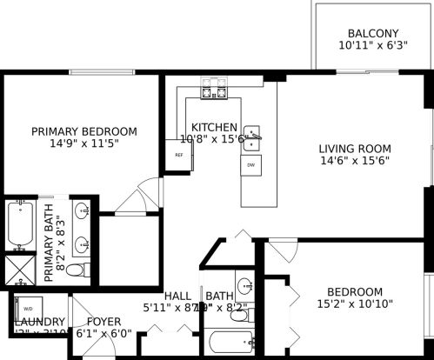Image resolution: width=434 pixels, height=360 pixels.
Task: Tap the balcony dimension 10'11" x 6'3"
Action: coord(373,45)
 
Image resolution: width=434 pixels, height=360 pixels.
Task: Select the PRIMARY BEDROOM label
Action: coord(84,131)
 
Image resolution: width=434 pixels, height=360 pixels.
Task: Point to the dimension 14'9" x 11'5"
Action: coord(84,144)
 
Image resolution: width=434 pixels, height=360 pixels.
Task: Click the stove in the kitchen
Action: coord(213,88)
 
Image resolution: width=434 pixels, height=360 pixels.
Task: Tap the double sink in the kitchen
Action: coord(251,136)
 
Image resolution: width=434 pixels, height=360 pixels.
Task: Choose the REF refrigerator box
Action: coord(179,156)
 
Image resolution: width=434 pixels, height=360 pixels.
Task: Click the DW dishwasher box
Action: coord(250,164)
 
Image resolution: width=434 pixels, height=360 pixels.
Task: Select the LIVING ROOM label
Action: coord(354,148)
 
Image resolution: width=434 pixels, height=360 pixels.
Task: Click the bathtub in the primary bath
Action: coord(18,224)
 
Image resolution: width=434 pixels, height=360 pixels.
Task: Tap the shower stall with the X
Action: coord(17,269)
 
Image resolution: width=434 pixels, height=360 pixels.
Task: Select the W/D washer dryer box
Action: coord(27,308)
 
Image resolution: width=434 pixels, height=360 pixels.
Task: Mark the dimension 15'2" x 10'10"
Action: coord(354,304)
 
